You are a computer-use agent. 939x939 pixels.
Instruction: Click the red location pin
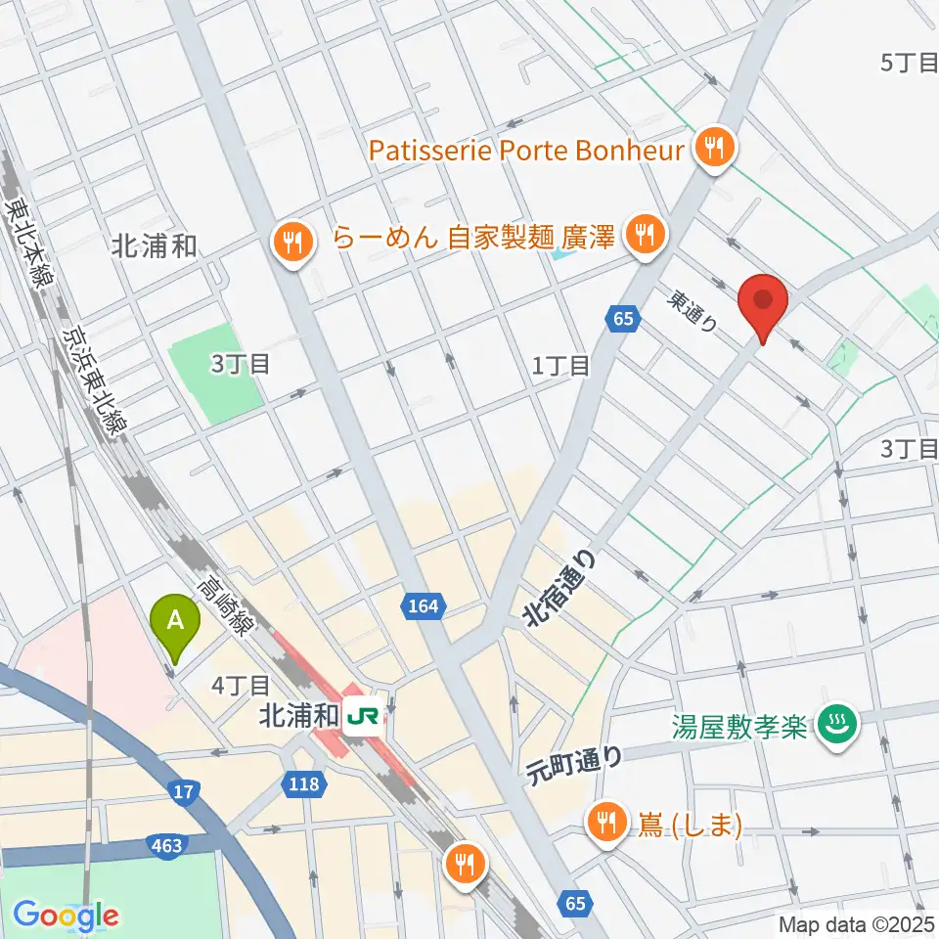(762, 305)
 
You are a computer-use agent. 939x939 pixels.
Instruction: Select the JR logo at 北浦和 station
(363, 717)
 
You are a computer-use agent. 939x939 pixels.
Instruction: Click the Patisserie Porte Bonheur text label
(527, 150)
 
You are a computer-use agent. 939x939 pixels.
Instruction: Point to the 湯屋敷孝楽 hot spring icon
(838, 725)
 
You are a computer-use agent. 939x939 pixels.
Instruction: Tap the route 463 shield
(166, 843)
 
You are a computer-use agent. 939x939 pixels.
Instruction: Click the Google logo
(66, 916)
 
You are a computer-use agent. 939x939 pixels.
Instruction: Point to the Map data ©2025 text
(855, 923)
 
